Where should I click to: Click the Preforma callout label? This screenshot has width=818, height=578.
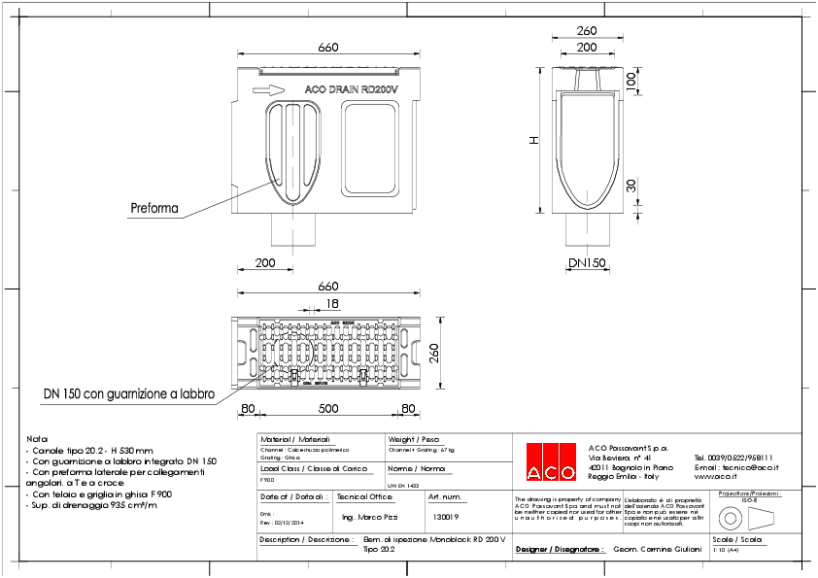click(154, 207)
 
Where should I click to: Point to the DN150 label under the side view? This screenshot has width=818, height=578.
click(589, 263)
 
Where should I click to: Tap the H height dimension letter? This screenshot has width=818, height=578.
click(532, 141)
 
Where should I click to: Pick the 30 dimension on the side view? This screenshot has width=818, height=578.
click(631, 186)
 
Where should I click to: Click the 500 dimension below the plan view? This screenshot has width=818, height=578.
click(328, 409)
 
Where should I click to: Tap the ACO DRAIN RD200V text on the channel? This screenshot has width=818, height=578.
click(352, 89)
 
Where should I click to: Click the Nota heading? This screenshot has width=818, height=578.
click(37, 439)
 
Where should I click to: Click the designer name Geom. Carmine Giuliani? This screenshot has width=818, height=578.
click(658, 549)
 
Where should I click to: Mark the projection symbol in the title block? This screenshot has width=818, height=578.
click(748, 515)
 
